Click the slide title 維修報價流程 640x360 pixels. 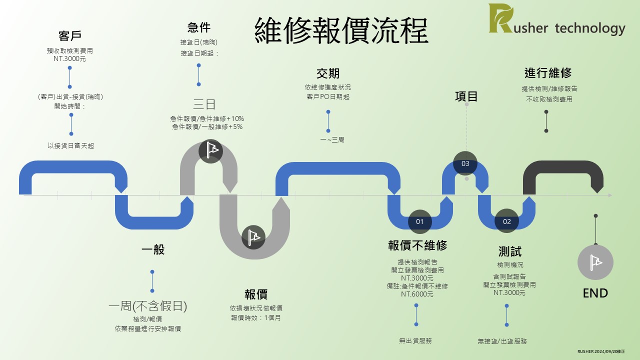point(341,31)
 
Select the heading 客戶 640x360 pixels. point(70,36)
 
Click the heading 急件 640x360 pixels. point(199,27)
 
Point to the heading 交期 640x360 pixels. point(328,73)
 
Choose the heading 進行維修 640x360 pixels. point(548,73)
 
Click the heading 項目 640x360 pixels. point(466,96)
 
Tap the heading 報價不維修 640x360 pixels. point(417,245)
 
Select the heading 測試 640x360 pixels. point(509,251)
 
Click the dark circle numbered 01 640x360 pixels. point(419,221)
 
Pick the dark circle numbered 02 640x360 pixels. point(507,221)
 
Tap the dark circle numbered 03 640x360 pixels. point(465,163)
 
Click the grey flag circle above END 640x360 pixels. point(595,262)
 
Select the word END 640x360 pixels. point(595,293)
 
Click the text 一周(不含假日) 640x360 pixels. point(147,306)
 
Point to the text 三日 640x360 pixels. point(204,104)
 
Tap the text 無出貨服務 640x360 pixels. point(415,340)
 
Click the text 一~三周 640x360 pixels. point(332,140)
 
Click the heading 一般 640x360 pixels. point(153,250)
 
